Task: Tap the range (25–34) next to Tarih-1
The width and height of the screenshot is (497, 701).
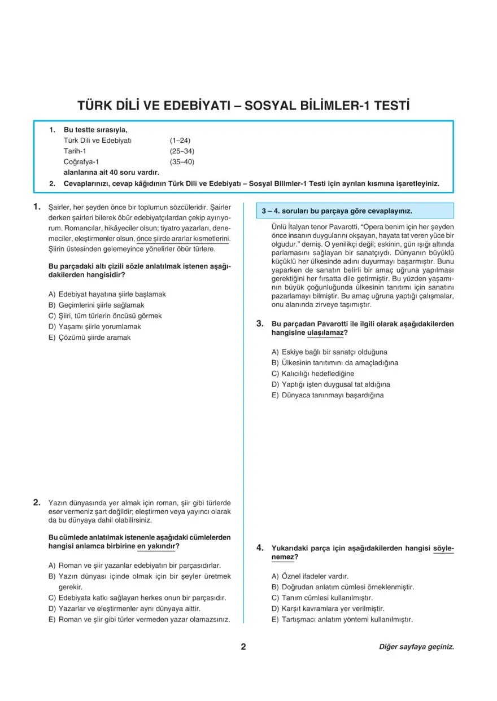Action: pos(182,151)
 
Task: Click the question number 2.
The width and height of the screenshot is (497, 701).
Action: pos(37,502)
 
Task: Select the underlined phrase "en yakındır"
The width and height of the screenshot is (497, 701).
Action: pos(156,546)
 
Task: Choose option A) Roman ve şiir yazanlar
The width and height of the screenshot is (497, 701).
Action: pos(134,565)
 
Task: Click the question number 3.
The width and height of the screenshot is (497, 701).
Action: pos(260,323)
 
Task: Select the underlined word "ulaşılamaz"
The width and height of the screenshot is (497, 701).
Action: pos(325,333)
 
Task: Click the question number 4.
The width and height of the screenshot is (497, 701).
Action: pos(260,547)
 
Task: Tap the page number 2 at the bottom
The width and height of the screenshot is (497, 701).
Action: pos(243,647)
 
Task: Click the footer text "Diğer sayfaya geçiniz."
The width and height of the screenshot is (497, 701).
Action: pos(416,647)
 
